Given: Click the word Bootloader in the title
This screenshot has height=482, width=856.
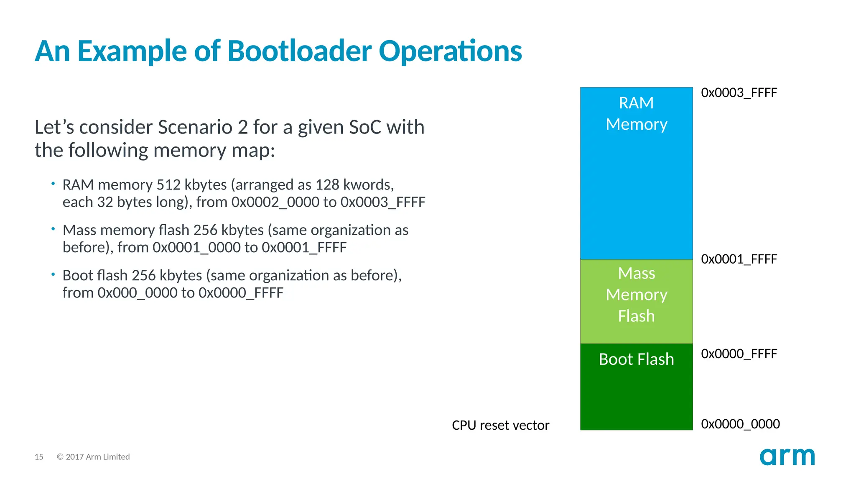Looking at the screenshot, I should click(299, 51).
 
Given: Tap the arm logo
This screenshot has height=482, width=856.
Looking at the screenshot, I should click(787, 457).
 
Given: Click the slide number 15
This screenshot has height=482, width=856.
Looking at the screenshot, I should click(39, 457).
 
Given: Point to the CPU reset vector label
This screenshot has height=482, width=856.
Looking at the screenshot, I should click(500, 425).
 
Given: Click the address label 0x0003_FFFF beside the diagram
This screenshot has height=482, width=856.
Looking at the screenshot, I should click(739, 92).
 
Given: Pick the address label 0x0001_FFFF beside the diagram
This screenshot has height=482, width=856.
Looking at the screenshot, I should click(739, 259).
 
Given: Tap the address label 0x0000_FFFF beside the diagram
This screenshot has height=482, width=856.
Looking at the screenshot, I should click(739, 354).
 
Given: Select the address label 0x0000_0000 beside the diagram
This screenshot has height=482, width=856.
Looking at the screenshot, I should click(740, 424).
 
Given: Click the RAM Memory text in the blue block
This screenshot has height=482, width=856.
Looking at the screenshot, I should click(636, 113).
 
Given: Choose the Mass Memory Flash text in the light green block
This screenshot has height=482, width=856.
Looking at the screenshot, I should click(636, 295).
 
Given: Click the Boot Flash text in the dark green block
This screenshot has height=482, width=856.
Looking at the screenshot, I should click(636, 359).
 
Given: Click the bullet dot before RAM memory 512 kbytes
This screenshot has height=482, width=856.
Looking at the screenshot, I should click(53, 183).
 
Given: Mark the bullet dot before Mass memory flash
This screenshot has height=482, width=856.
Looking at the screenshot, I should click(53, 229).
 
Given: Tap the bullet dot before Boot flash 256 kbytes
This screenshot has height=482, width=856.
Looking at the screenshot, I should click(53, 274).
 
